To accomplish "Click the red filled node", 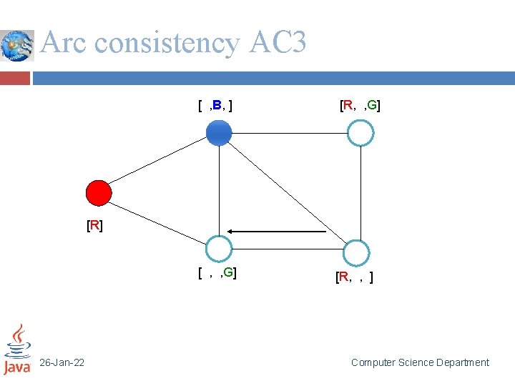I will [x=99, y=193].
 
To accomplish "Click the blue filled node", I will [x=219, y=133].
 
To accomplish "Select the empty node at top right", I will [x=360, y=132].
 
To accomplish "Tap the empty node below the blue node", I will [x=219, y=249].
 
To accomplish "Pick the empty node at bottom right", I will [x=355, y=253].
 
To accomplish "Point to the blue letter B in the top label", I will [x=216, y=107].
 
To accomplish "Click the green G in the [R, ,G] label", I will [x=373, y=107].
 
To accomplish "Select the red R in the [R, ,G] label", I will [x=348, y=107].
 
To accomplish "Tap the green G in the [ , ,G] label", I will [x=229, y=272].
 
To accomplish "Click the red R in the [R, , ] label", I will [x=343, y=277].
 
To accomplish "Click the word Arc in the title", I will [x=64, y=43].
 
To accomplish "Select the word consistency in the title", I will [x=166, y=43].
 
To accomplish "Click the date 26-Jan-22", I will [x=62, y=363].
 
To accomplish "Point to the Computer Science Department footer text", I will [x=420, y=362].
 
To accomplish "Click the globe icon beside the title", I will [x=17, y=46].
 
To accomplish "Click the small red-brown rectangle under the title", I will [x=15, y=77].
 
